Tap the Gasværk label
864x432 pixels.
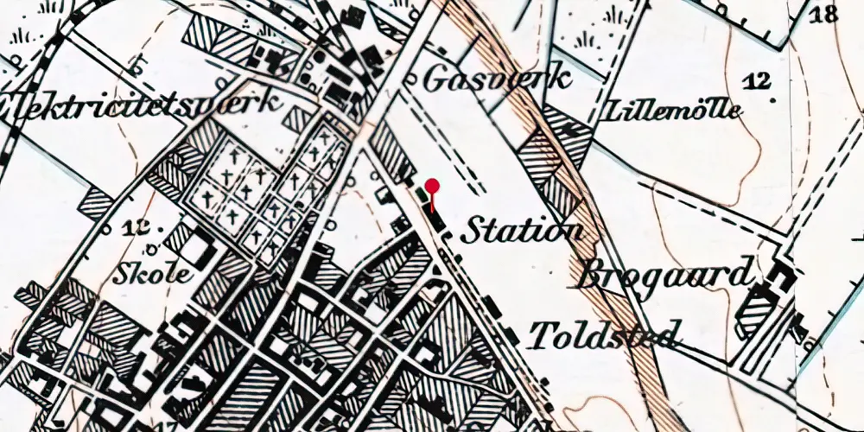click(x=498, y=79)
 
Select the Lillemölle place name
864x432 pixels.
click(x=676, y=111)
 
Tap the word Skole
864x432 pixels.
click(x=154, y=276)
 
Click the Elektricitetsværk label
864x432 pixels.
click(x=143, y=104)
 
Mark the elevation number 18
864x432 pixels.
click(x=825, y=13)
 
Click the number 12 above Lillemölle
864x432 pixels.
click(x=760, y=80)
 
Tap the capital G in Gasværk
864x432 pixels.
click(x=438, y=79)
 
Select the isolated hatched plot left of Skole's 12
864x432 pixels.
click(x=97, y=203)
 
